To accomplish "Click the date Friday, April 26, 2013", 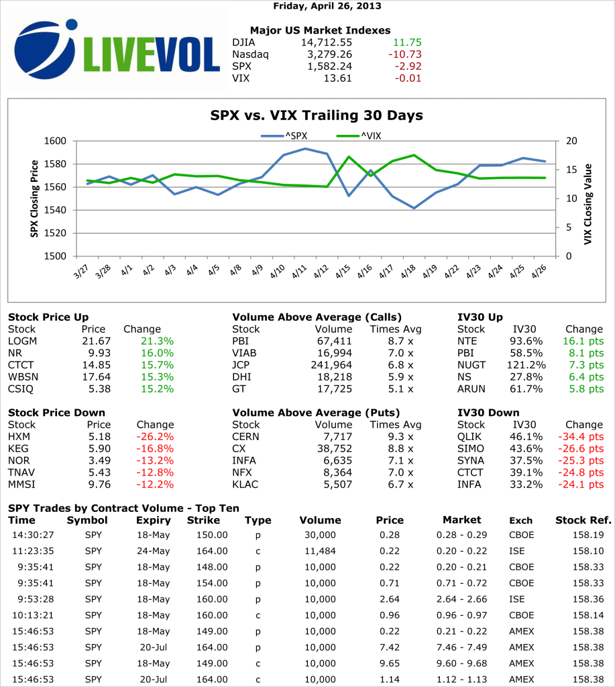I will click(327, 6).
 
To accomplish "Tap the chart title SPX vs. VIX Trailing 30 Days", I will click(317, 115).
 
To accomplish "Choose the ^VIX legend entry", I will click(359, 136).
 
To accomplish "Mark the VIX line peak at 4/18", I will click(414, 155).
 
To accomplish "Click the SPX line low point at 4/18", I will click(414, 208).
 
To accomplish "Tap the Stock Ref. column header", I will click(583, 520).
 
